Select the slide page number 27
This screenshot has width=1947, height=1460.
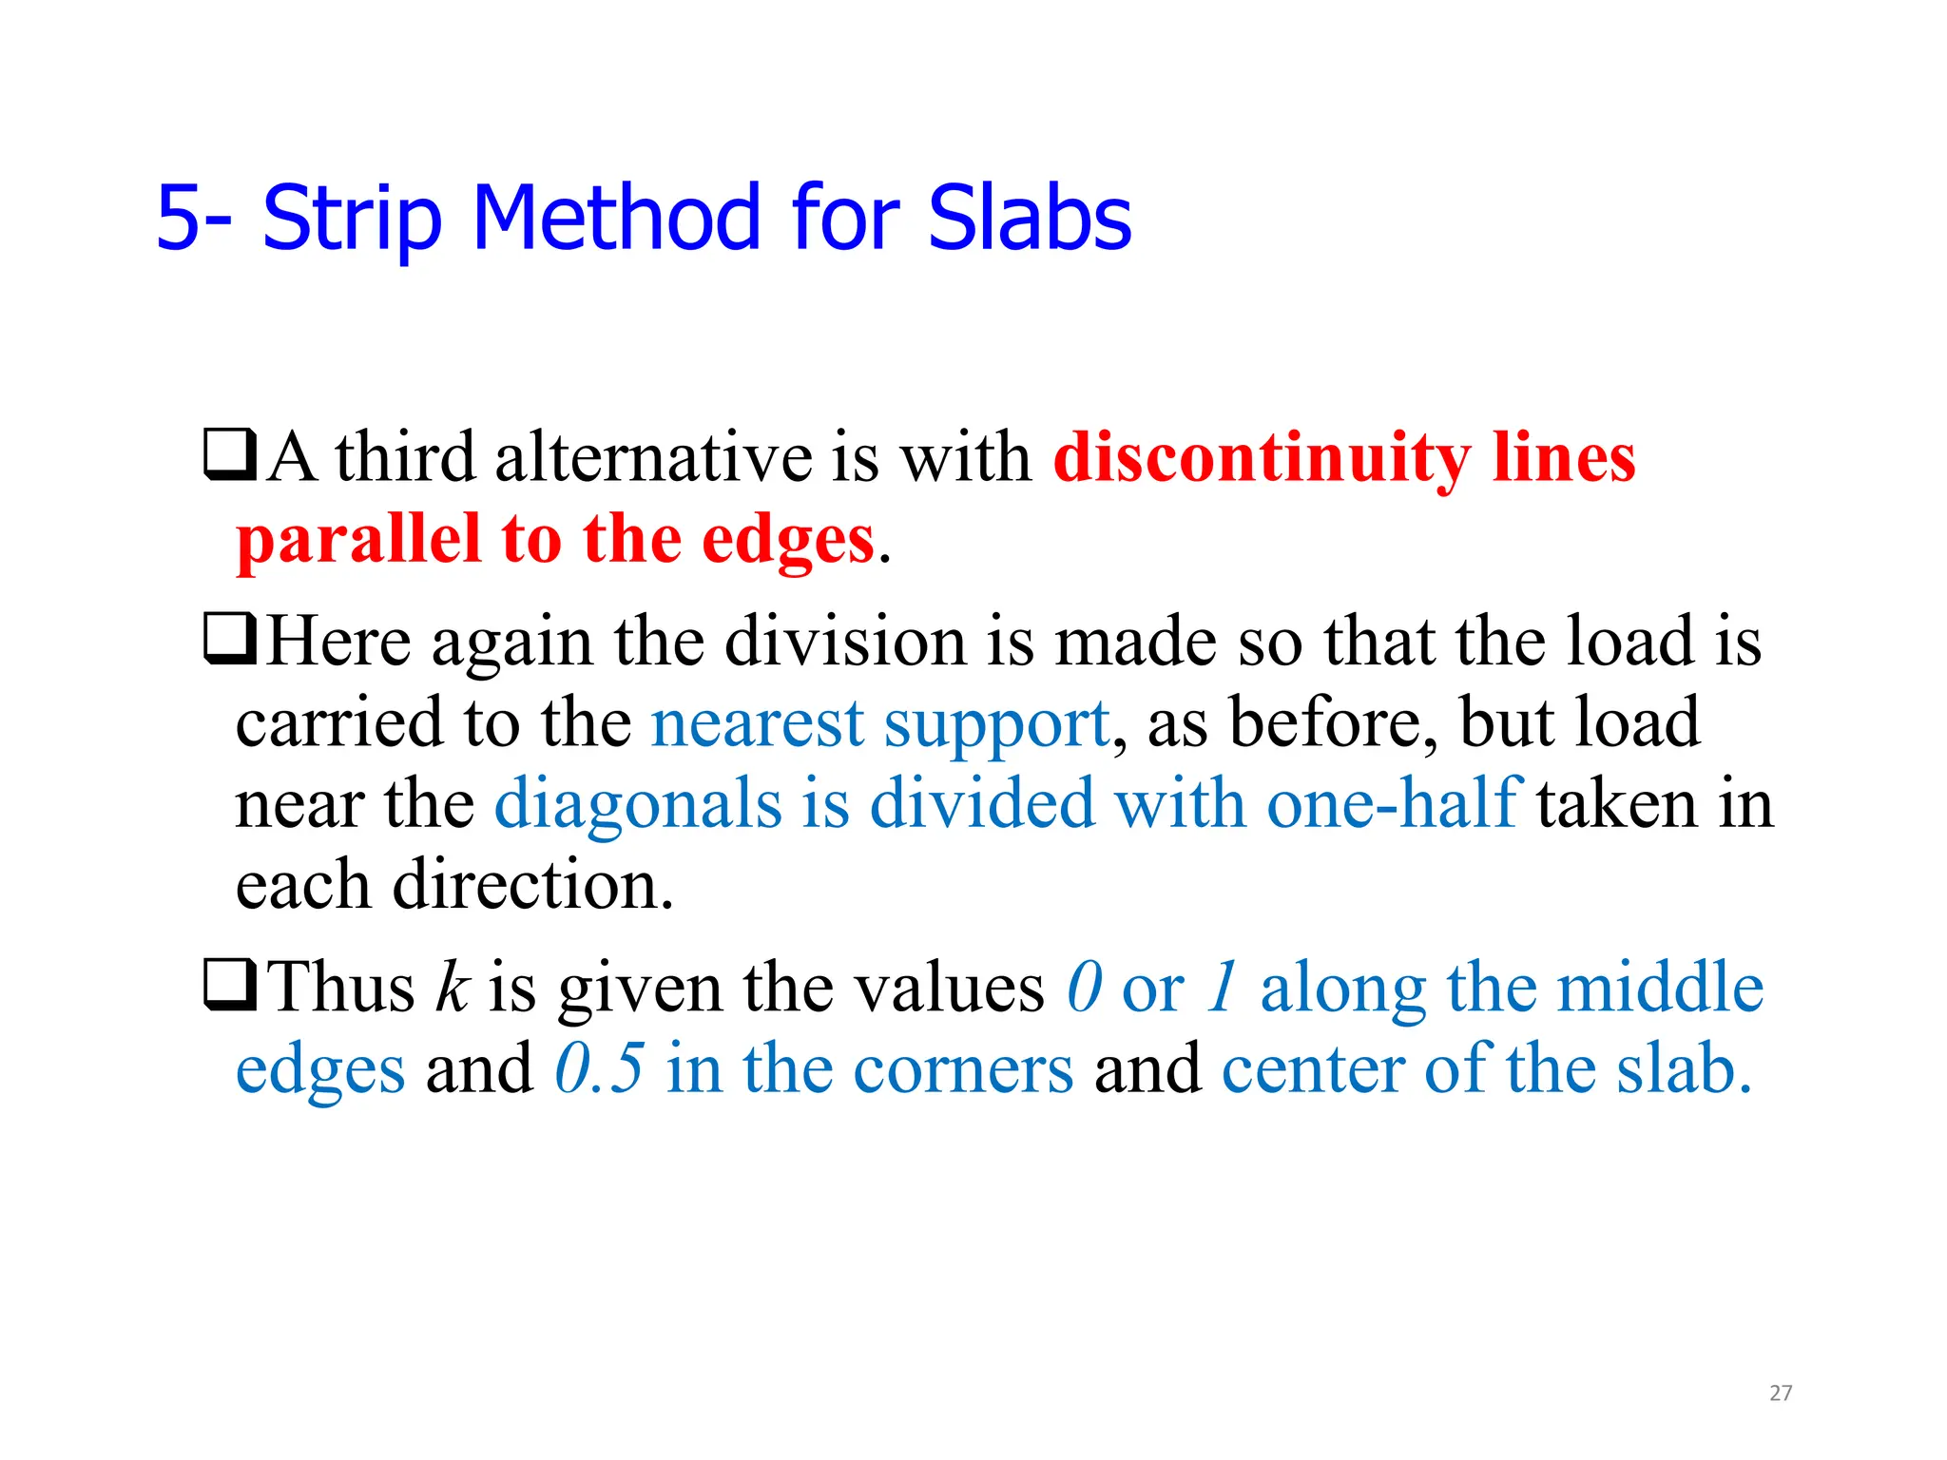pos(1781,1393)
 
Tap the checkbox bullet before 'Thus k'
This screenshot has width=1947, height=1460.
pos(229,986)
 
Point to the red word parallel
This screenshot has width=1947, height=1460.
pos(358,540)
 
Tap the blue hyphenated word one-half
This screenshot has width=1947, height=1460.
pos(1395,804)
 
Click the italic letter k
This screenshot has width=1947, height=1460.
pos(453,987)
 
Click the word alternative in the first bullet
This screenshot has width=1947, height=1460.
pos(653,458)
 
